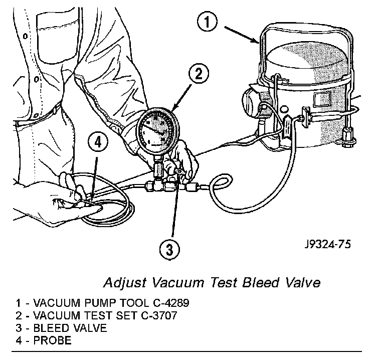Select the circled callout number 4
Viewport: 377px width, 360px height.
(x=98, y=143)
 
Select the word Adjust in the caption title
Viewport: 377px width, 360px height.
(x=122, y=282)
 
